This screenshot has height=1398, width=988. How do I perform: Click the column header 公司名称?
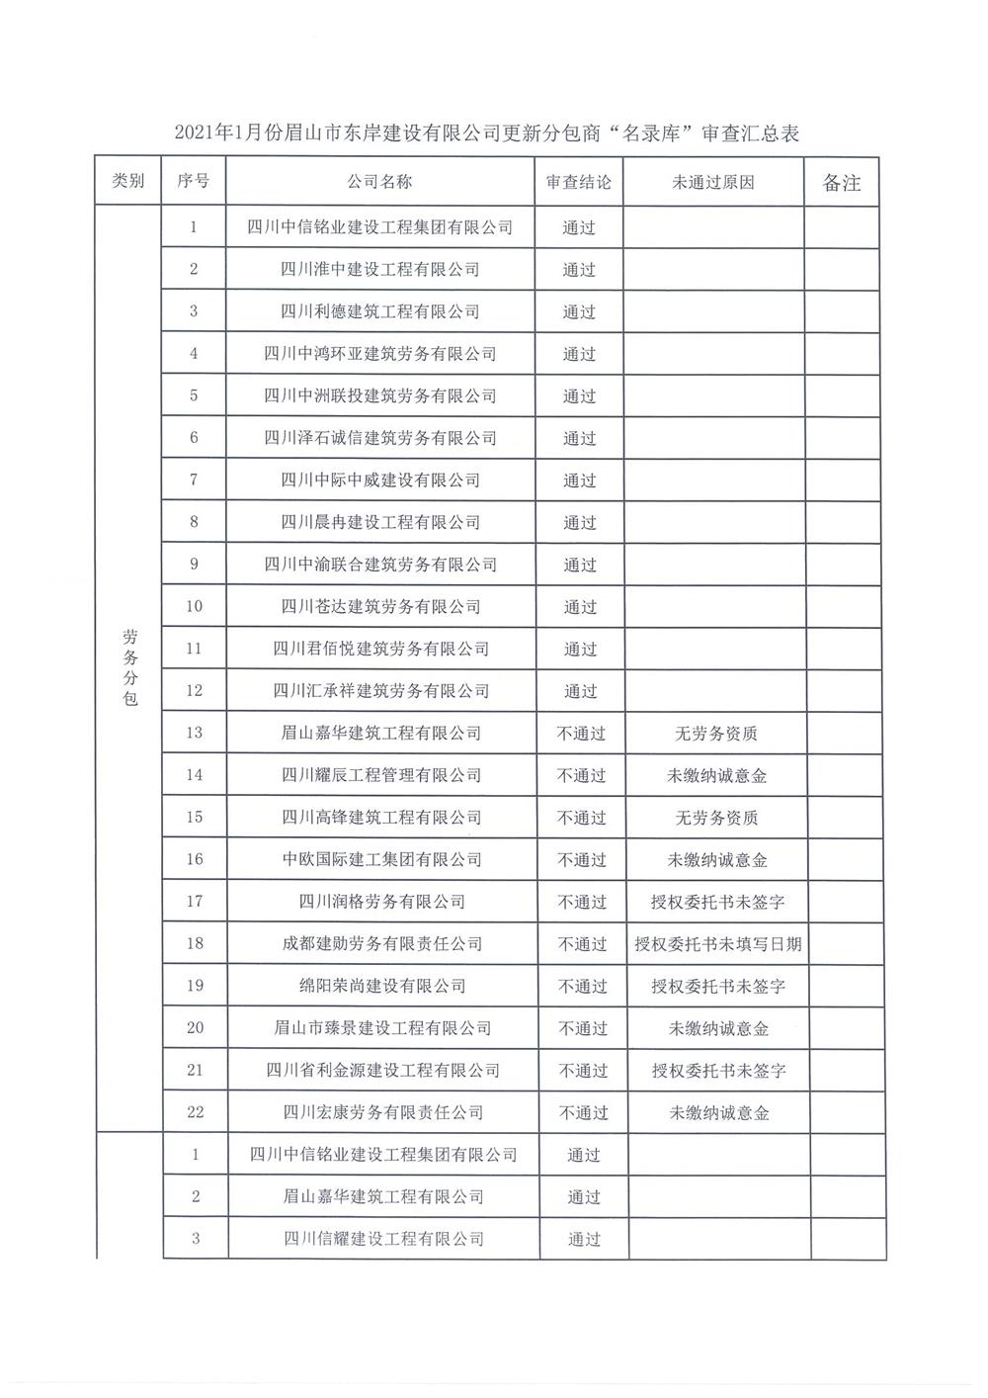pos(380,182)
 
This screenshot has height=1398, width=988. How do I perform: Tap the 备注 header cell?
pos(842,183)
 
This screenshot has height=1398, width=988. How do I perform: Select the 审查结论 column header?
pos(579,182)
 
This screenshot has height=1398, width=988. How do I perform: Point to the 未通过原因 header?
pos(713,182)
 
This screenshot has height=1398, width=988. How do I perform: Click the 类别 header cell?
pos(128,181)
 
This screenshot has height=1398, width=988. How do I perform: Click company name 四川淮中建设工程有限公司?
pos(380,269)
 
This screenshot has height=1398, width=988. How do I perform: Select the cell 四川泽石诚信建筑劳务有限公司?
pos(380,438)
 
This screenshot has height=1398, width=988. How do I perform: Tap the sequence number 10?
pos(194,606)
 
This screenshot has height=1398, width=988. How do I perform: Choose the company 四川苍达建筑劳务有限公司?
pos(380,606)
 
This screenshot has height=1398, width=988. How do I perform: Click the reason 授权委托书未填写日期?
pos(718,944)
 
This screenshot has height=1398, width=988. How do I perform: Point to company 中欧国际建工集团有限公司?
pos(382,859)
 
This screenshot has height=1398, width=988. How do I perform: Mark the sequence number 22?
pos(195,1112)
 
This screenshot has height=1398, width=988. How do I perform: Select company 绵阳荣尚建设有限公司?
pos(382,986)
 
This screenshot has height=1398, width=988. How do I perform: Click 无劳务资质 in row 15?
pos(716,818)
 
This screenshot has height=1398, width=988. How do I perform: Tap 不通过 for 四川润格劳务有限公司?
pos(581,902)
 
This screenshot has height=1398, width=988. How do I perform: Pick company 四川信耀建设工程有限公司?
pos(384,1239)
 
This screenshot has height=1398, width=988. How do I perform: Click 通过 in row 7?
pos(579,481)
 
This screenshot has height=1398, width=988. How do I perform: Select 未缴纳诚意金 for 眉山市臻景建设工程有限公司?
pos(718,1028)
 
